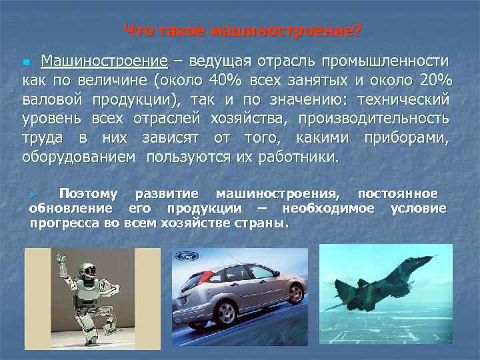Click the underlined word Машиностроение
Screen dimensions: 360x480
(x=103, y=62)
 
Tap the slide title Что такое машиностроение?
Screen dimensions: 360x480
(x=243, y=31)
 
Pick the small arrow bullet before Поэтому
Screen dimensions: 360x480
(x=39, y=194)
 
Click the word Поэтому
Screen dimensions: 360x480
(x=88, y=194)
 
